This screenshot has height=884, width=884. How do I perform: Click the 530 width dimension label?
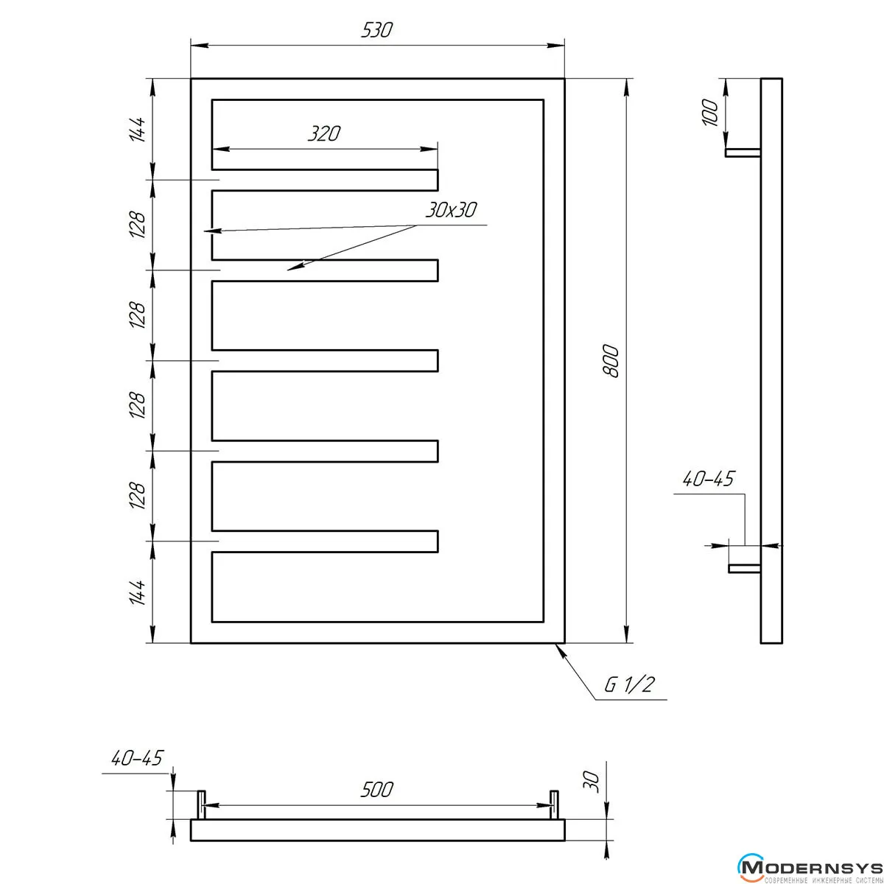pyautogui.click(x=376, y=30)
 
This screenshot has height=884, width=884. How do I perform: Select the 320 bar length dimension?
pyautogui.click(x=323, y=134)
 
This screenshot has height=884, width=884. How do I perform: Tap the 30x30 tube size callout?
pyautogui.click(x=451, y=210)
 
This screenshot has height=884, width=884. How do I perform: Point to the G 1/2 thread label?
pyautogui.click(x=629, y=685)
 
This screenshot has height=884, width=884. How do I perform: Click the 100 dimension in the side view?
pyautogui.click(x=709, y=112)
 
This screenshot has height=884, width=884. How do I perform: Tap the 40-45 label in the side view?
pyautogui.click(x=708, y=479)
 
